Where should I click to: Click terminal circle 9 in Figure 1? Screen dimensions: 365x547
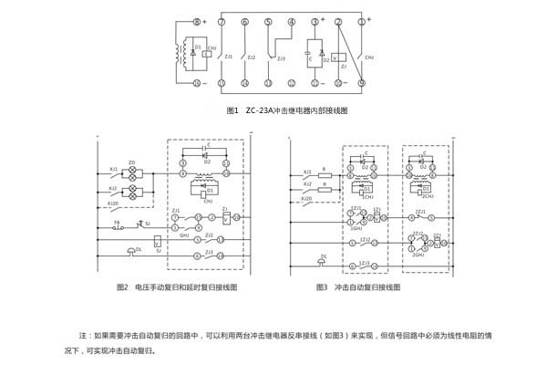[x=362, y=83]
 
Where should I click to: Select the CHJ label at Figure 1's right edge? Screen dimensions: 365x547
[x=370, y=56]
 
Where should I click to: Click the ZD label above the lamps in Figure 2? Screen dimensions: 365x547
[x=131, y=162]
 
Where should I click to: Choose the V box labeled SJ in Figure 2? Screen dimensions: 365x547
[x=159, y=239]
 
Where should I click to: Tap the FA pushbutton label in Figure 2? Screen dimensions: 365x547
[x=116, y=221]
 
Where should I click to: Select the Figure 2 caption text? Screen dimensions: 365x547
[x=177, y=287]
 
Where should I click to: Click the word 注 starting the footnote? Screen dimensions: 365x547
[x=85, y=335]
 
